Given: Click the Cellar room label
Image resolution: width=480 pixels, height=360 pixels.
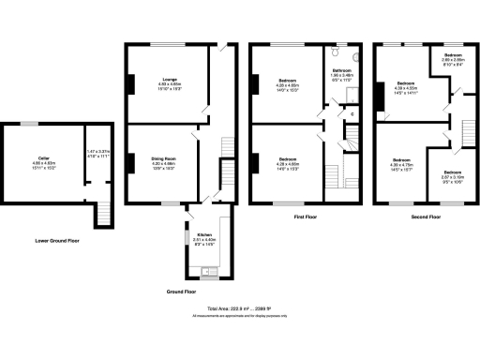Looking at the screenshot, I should tap(43, 158).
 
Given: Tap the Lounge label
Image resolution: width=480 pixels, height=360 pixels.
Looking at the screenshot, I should tap(170, 80).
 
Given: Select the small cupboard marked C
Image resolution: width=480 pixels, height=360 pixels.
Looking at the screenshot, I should tap(351, 114).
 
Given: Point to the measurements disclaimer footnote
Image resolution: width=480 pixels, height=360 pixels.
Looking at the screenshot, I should tap(240, 316).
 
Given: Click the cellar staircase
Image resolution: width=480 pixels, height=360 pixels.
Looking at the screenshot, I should tap(103, 214).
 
